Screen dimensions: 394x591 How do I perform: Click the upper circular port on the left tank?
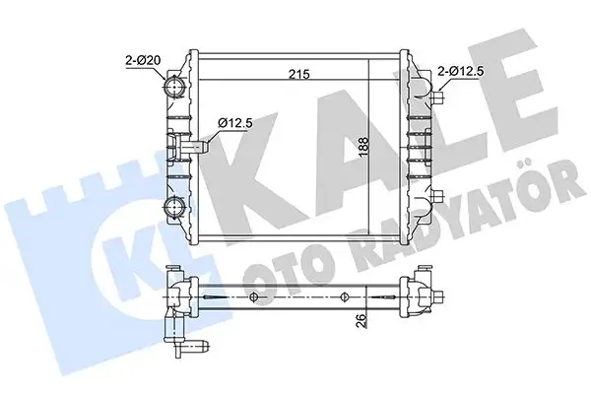point(177,90)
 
